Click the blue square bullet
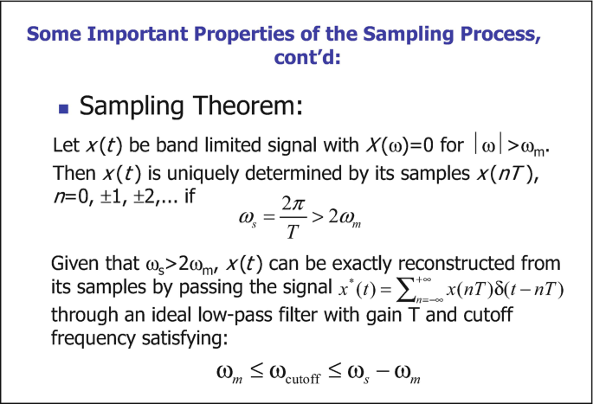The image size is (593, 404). click(x=63, y=109)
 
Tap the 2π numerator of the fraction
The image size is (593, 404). click(x=293, y=204)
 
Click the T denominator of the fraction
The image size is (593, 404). click(x=293, y=231)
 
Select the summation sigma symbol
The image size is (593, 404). click(x=406, y=291)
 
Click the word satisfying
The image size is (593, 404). click(x=184, y=338)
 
